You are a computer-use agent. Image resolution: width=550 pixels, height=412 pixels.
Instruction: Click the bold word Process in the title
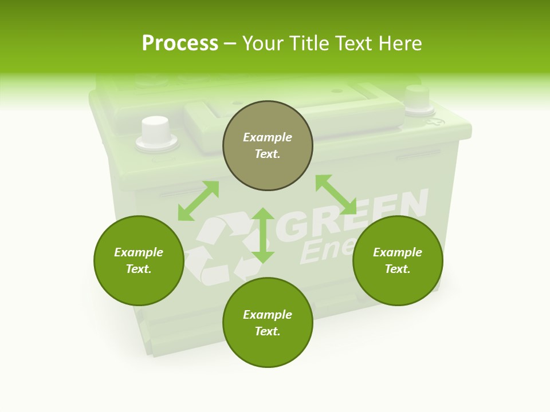pyautogui.click(x=180, y=43)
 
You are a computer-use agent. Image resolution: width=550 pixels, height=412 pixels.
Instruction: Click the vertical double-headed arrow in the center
pyautogui.click(x=263, y=235)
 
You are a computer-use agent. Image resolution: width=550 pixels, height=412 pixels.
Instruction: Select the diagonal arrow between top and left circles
pyautogui.click(x=198, y=201)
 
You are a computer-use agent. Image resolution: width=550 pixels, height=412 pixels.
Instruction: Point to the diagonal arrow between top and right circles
pyautogui.click(x=336, y=195)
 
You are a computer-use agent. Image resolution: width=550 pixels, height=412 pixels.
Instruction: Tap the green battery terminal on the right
pyautogui.click(x=417, y=98)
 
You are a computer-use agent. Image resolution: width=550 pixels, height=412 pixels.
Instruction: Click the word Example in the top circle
pyautogui.click(x=268, y=137)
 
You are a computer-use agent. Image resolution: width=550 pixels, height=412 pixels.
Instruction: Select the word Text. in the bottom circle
pyautogui.click(x=268, y=331)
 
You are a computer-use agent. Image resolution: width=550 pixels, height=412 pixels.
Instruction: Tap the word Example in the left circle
pyautogui.click(x=139, y=252)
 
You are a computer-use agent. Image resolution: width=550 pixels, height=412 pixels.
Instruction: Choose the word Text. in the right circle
pyautogui.click(x=398, y=269)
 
